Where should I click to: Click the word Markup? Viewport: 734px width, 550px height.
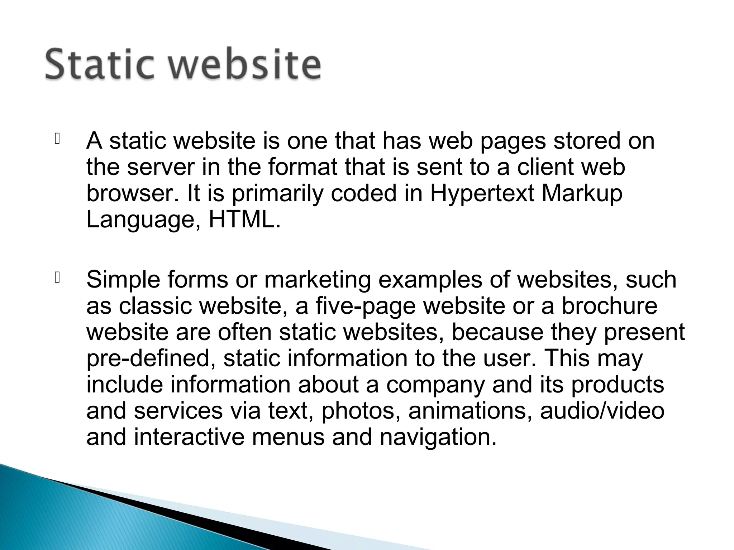pyautogui.click(x=582, y=193)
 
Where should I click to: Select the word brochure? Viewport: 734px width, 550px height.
pyautogui.click(x=609, y=306)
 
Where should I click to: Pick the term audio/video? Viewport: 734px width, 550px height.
pyautogui.click(x=602, y=411)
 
